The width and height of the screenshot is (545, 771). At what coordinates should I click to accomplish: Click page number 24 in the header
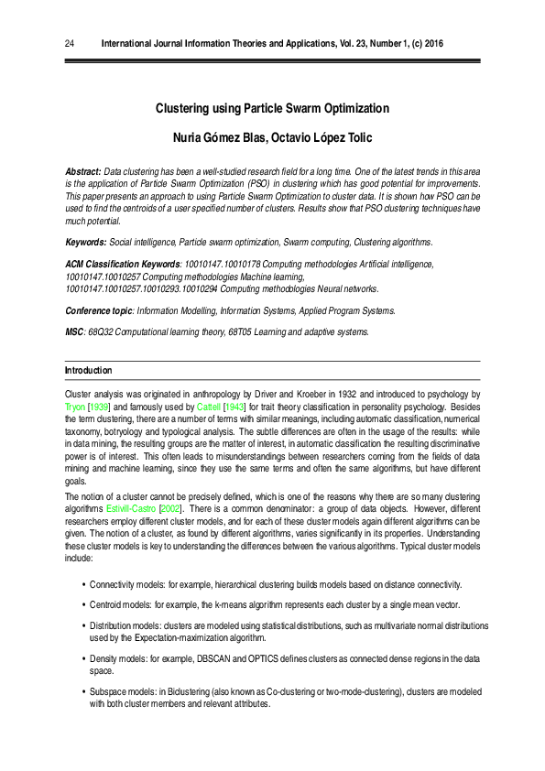[70, 42]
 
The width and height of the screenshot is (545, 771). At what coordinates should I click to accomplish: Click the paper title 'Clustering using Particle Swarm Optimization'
[272, 108]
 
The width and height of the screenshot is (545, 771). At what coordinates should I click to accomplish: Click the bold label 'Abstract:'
[82, 172]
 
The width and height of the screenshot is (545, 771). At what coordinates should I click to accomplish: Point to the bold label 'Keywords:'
[85, 242]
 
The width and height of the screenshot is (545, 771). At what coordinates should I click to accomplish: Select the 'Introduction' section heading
[88, 370]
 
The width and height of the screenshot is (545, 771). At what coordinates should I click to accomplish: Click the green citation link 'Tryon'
[75, 405]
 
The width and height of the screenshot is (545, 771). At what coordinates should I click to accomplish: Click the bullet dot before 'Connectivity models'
[83, 584]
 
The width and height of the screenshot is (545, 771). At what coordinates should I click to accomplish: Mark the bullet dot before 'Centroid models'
[83, 605]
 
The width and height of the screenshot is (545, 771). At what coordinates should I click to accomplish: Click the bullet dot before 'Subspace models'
[83, 692]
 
